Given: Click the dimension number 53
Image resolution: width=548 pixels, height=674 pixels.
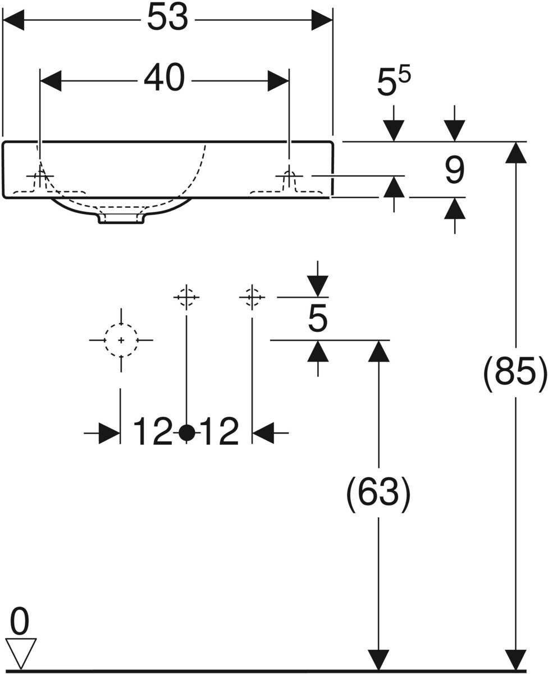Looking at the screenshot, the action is coord(167,18).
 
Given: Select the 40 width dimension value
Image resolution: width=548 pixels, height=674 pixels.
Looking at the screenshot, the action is coord(164,78).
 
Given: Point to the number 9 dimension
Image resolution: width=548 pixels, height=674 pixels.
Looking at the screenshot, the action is coord(455,171).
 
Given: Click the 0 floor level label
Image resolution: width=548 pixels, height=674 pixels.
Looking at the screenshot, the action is coord(20,621).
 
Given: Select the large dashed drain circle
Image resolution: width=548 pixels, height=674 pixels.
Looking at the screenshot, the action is coord(121,340).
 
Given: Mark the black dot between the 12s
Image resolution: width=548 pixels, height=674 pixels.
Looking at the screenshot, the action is coord(186,432).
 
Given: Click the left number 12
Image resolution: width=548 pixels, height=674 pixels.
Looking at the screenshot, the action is coord(153,431).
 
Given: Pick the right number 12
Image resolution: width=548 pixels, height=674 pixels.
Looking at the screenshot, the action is coord(220,431).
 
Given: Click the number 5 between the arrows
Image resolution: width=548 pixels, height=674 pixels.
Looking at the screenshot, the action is coord(317,319).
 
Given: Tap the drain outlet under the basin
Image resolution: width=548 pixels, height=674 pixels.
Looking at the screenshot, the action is coord(122,218).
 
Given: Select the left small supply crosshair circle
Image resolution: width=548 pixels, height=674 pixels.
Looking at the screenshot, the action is coord(186,298).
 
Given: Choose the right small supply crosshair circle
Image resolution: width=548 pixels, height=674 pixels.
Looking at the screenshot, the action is coord(252,298).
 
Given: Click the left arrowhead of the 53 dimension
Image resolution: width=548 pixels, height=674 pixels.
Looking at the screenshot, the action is coord(13,20).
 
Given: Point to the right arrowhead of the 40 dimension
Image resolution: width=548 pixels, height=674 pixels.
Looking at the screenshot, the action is coord(278,81).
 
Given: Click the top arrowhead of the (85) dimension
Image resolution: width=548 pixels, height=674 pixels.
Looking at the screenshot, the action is coord(516,153).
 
